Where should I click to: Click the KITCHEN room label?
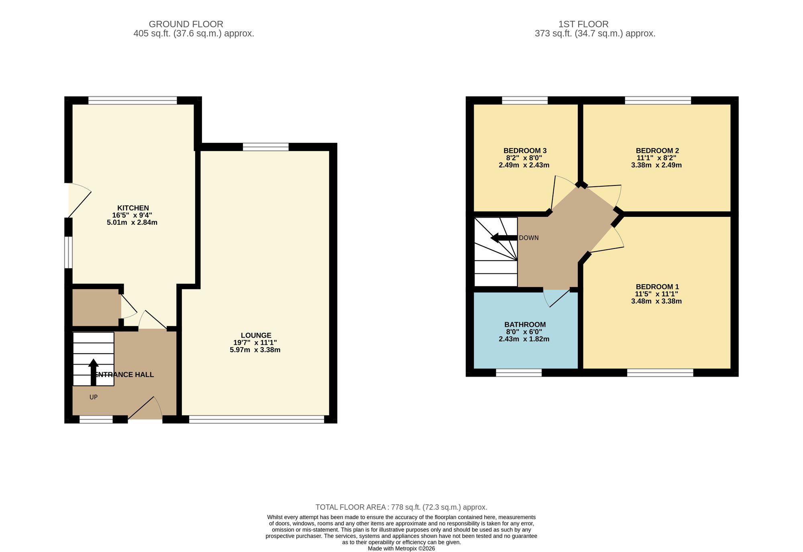(x=133, y=208)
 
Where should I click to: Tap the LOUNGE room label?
(x=256, y=335)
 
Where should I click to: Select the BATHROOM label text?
(x=525, y=324)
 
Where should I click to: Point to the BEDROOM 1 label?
(x=657, y=287)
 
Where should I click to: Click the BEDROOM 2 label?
(x=657, y=151)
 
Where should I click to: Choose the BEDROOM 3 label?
(x=525, y=151)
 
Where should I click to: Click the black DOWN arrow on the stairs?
(x=504, y=238)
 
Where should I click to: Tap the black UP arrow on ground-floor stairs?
(x=94, y=372)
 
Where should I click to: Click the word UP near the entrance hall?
(x=94, y=397)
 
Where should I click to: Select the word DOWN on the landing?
(x=529, y=238)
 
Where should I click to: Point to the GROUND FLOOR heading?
(x=186, y=24)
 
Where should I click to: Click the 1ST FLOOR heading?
(x=583, y=24)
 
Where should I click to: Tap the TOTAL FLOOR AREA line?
(x=401, y=507)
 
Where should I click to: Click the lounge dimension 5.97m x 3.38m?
(x=255, y=350)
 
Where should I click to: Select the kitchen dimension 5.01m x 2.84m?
(x=132, y=222)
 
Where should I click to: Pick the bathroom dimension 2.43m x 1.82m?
(x=524, y=339)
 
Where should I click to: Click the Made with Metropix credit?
(x=401, y=548)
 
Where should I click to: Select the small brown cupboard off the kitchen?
(x=96, y=307)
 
